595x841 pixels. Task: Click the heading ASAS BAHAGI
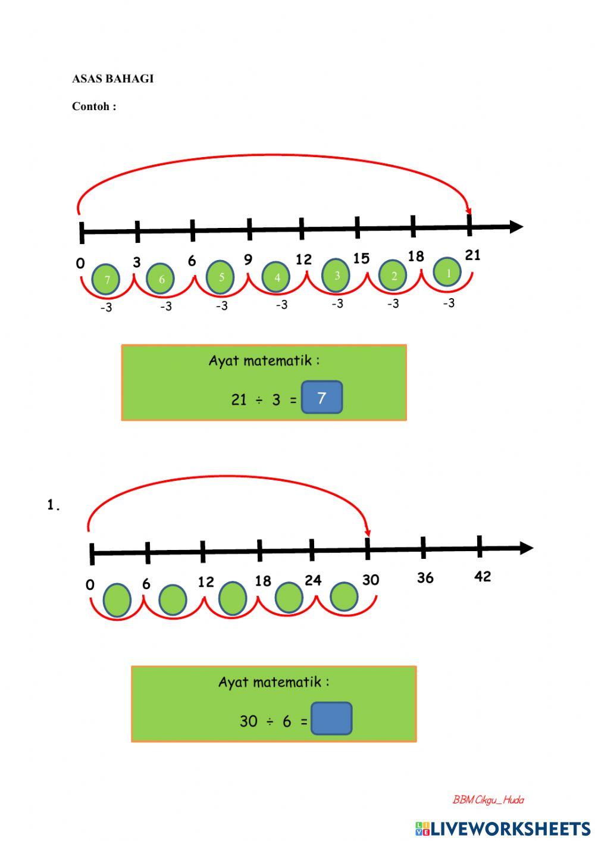[112, 79]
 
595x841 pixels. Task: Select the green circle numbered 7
[107, 279]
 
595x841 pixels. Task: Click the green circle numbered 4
[276, 277]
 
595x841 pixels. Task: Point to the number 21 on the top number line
[472, 255]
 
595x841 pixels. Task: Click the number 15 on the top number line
[361, 258]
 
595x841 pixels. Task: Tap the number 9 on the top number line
[248, 259]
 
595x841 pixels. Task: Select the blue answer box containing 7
[322, 398]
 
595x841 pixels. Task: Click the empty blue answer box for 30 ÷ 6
[331, 718]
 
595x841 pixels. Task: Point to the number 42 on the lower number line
[483, 576]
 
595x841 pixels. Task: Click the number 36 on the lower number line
[425, 578]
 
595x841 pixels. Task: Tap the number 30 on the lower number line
[370, 580]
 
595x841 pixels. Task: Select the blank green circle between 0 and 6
[117, 600]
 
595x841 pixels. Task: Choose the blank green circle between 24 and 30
[344, 597]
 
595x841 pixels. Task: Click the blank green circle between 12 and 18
[233, 598]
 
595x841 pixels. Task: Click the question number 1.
[53, 505]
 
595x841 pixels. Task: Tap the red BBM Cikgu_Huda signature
[488, 800]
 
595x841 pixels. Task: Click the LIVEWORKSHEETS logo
[503, 828]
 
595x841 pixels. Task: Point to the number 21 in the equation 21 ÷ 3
[239, 399]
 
